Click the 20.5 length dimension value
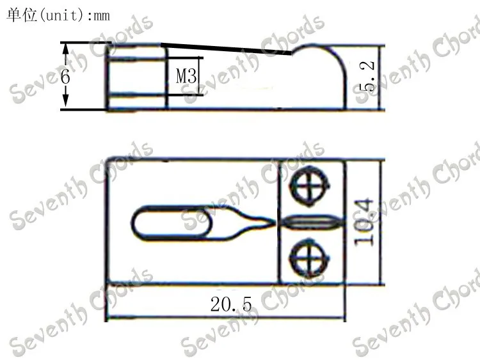click(x=231, y=304)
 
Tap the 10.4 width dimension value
click(x=364, y=223)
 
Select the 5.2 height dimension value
click(x=367, y=77)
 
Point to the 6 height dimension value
click(x=65, y=76)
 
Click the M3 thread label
click(x=186, y=75)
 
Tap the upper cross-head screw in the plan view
click(x=310, y=185)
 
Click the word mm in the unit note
click(x=102, y=16)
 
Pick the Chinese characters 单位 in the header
click(x=22, y=15)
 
